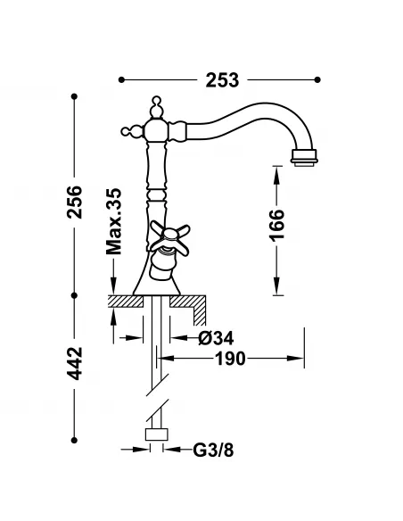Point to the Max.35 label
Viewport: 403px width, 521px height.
tap(113, 222)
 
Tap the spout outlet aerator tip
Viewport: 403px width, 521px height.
tap(305, 161)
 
